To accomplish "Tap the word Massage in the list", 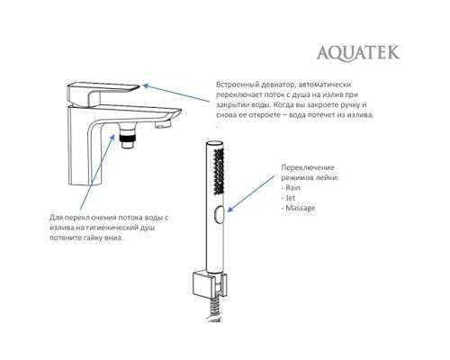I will coord(302,208).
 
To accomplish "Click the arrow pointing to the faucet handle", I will coord(175,95).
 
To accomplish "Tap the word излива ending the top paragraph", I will coord(355,116).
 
